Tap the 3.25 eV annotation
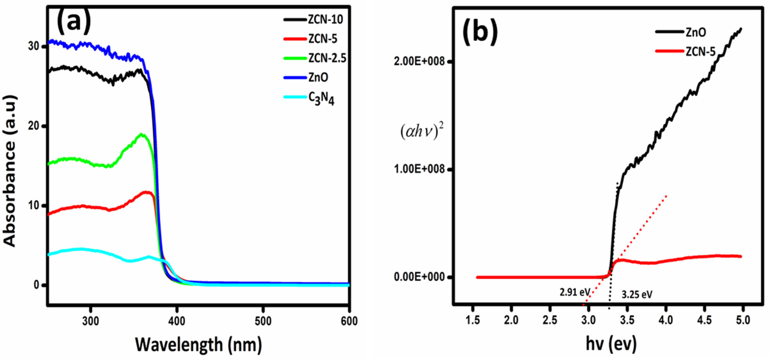point(637,295)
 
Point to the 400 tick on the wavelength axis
point(177,321)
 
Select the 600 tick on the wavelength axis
point(349,321)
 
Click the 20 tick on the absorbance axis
point(33,126)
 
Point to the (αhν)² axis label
point(422,131)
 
